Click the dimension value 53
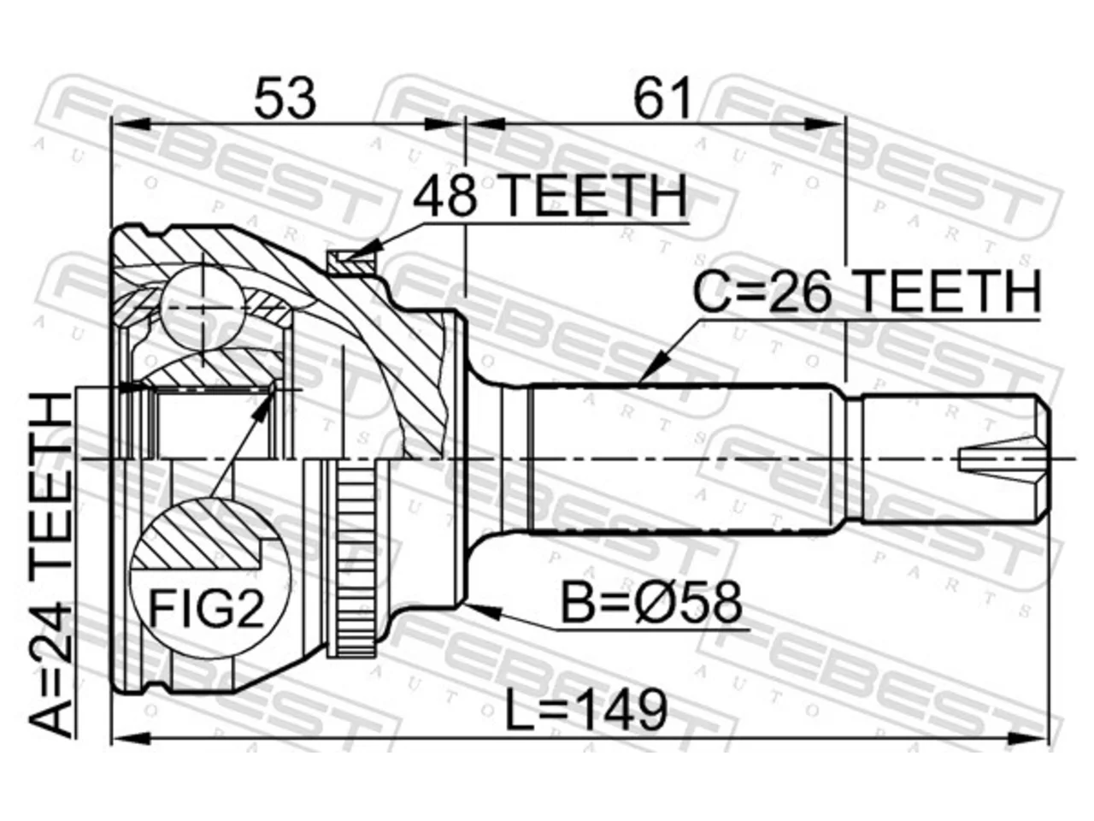coord(285,97)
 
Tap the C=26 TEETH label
coord(867,292)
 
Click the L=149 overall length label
coord(586,710)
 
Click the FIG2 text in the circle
coord(206,609)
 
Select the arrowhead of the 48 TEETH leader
coord(364,248)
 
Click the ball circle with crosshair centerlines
coord(203,307)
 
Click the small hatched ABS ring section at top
coord(350,263)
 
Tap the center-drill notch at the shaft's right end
coord(1003,458)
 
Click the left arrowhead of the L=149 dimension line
coord(131,739)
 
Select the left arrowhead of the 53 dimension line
coord(131,124)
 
